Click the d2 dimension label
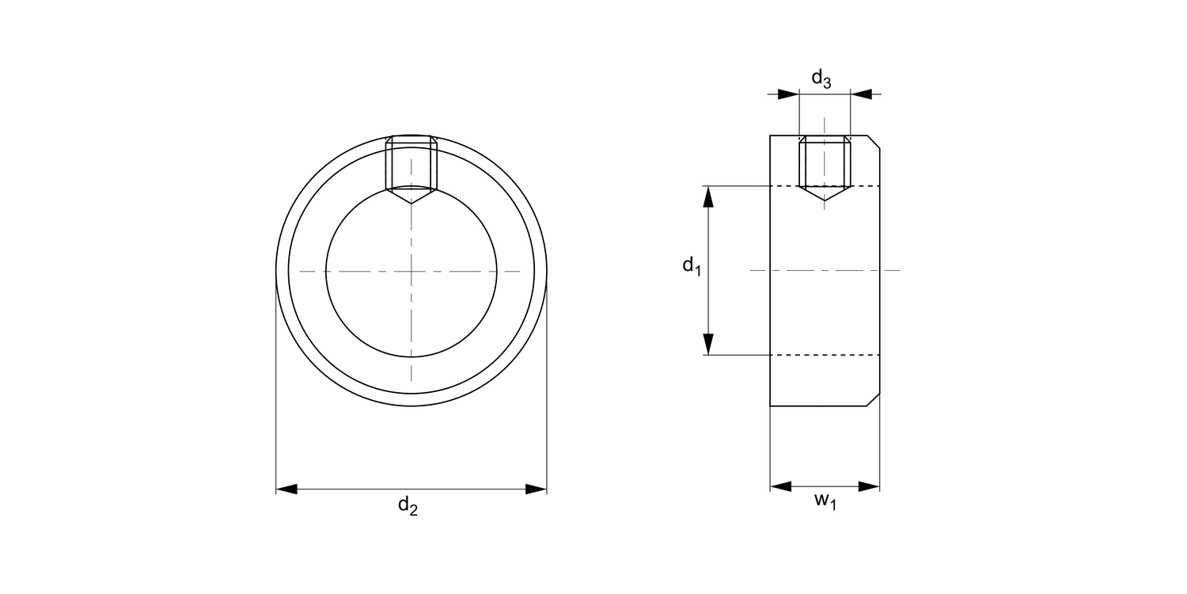coord(408,505)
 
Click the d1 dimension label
coord(692,265)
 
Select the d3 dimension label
coord(821,78)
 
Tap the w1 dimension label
coord(825,501)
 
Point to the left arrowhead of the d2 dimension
coord(286,489)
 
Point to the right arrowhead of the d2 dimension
coord(536,489)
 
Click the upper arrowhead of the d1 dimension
coord(708,196)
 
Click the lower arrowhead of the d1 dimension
coord(708,345)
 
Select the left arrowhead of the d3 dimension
coord(788,94)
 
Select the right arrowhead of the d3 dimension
coord(861,94)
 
